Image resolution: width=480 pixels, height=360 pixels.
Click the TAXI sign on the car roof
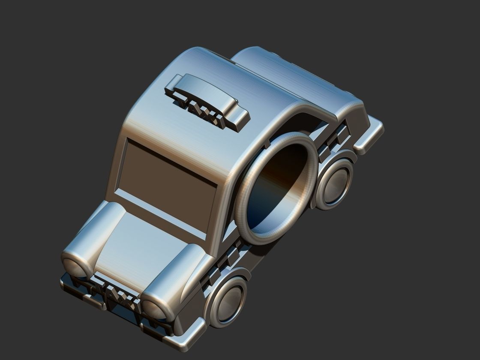(206, 101)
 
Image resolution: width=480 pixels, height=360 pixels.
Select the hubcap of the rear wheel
(336, 182)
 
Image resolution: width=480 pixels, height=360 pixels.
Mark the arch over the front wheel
(231, 274)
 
